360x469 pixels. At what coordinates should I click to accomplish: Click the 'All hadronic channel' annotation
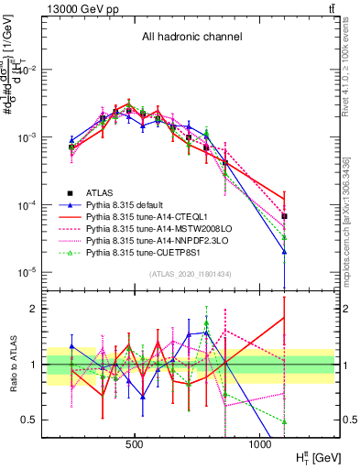(x=191, y=38)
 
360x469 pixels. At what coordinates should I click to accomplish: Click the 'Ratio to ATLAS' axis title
(x=13, y=360)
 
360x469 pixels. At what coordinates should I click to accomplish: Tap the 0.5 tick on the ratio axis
(x=30, y=420)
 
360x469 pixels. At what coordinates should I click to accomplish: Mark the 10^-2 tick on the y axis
(x=26, y=71)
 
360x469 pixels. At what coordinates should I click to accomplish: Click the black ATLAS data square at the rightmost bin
(x=284, y=216)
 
